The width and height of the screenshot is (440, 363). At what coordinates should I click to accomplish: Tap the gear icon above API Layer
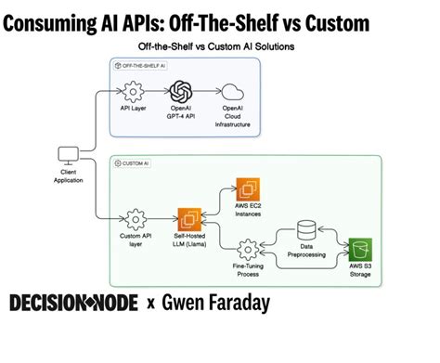(x=133, y=91)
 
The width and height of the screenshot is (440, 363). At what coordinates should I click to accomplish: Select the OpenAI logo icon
(x=180, y=91)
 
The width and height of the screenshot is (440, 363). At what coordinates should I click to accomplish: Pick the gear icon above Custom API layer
(x=136, y=219)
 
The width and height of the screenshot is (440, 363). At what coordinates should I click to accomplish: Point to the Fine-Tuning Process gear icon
(x=247, y=250)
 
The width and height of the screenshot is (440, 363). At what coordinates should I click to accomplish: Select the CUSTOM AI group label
(x=131, y=164)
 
